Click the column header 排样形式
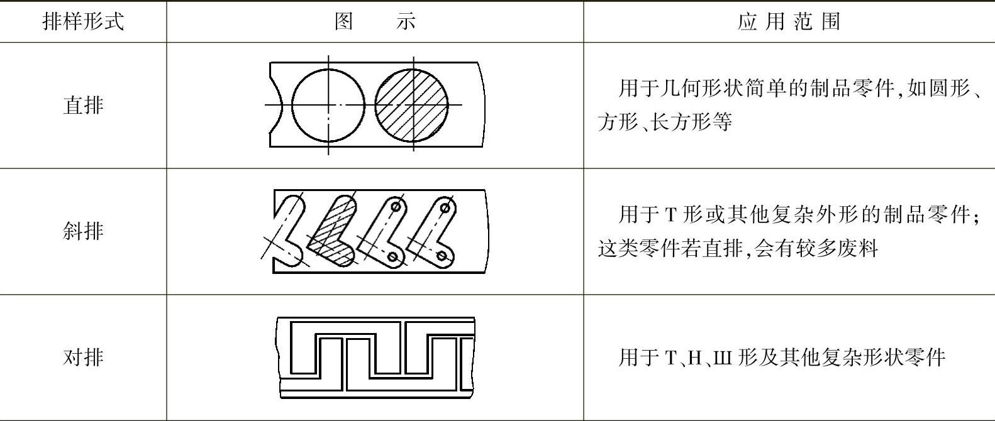coord(83,21)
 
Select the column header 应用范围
coord(789,21)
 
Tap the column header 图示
coord(375,21)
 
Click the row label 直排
coord(83,105)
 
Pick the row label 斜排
coord(83,231)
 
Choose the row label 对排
coord(83,358)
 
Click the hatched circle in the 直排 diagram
coord(412,105)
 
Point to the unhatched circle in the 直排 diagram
coord(328,105)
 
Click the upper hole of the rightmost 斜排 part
coord(445,207)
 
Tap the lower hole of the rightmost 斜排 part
coord(442,256)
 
